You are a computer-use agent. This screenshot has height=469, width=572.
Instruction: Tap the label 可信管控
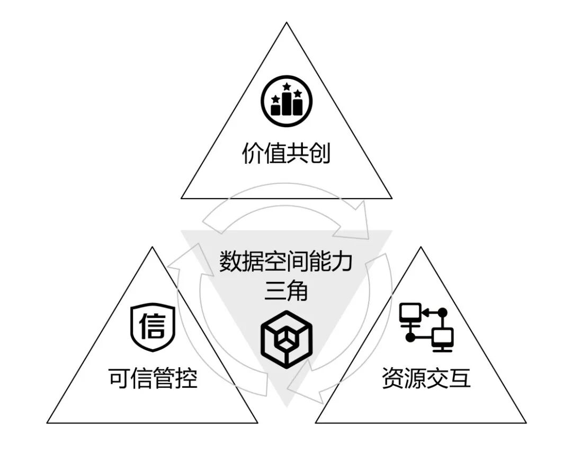tap(153, 378)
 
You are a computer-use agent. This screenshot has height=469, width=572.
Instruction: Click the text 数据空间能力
tap(286, 262)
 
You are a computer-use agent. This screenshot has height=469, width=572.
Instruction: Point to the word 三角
tap(286, 291)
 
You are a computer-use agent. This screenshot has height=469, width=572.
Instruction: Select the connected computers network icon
tap(426, 327)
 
